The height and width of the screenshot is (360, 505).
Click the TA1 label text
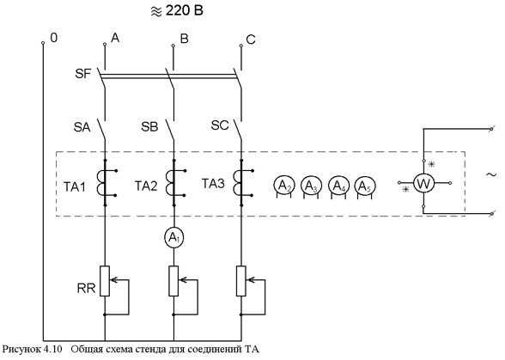(75, 187)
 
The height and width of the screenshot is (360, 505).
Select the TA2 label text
(146, 186)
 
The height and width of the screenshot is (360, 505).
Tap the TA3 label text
(213, 184)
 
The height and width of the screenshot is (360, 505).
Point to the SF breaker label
(83, 74)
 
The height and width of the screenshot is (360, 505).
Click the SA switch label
(82, 127)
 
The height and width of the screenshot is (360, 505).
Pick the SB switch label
(149, 127)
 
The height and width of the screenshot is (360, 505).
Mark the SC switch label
(220, 125)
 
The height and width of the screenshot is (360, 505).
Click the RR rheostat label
(86, 288)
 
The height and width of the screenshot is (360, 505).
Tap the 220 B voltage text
(185, 11)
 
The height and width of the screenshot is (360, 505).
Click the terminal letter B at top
(184, 39)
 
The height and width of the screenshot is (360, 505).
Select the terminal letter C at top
(251, 40)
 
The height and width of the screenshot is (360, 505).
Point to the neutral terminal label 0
(54, 38)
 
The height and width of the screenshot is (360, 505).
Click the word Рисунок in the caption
(21, 350)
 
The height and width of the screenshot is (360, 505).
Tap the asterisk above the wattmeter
(431, 164)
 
